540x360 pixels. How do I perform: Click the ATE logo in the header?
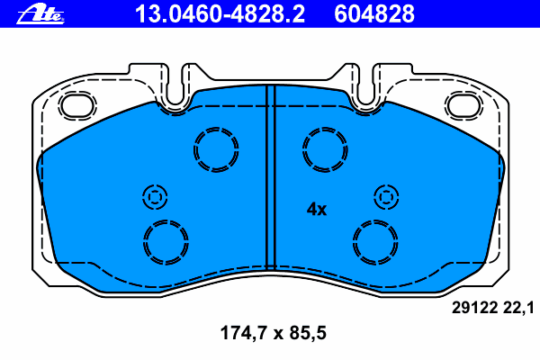tap(40, 14)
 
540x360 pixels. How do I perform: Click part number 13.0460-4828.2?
tap(220, 14)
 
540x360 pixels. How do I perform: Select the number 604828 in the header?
tap(374, 14)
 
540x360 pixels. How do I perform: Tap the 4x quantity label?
tap(317, 209)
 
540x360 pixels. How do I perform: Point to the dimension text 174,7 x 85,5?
tap(273, 333)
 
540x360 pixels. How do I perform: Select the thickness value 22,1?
tap(519, 308)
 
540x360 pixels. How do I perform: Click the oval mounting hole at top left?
tap(77, 104)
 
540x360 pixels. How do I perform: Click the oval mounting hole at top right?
tap(463, 104)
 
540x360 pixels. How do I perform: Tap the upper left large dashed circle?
tap(216, 128)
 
